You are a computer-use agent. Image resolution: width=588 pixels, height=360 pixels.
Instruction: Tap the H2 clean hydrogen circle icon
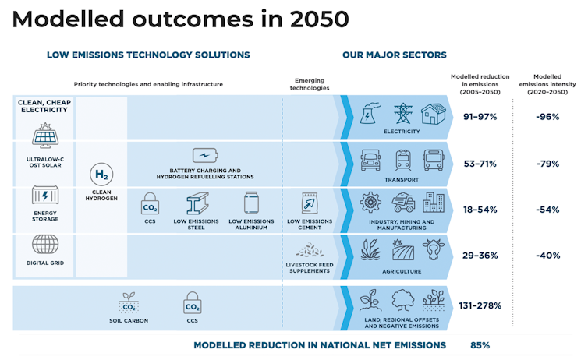(101, 175)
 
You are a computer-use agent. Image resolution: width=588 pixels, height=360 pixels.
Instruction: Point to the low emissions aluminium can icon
(251, 204)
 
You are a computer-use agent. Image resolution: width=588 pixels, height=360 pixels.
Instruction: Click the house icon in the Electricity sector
(434, 115)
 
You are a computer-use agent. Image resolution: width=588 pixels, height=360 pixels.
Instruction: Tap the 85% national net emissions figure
(480, 344)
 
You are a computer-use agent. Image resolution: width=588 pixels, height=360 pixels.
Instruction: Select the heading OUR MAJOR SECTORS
(394, 55)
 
